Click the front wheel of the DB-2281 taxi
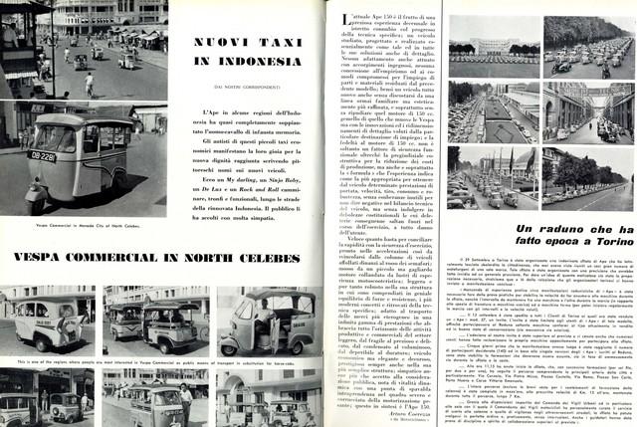(x=35, y=190)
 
